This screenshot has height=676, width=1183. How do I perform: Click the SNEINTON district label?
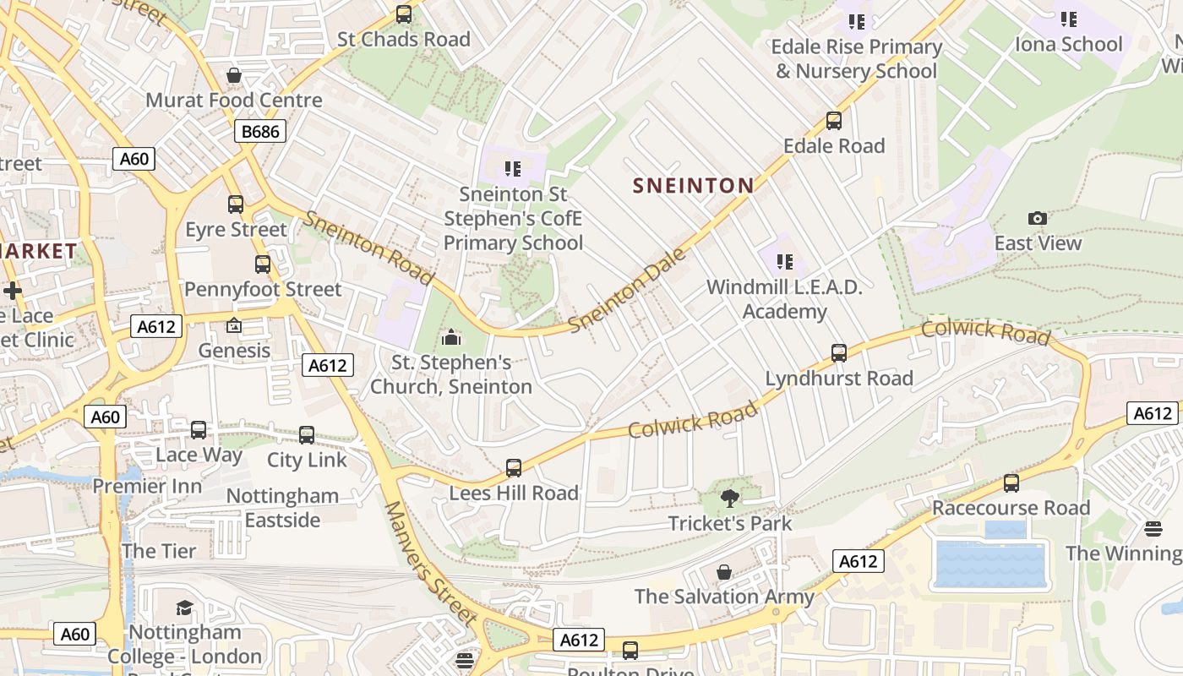pos(693,186)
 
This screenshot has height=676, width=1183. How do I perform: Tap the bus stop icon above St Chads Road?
pos(404,14)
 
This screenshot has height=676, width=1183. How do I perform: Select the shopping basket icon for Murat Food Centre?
pos(234,76)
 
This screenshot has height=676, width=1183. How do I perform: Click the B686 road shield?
pos(260,131)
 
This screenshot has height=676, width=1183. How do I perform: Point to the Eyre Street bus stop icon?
pos(236,204)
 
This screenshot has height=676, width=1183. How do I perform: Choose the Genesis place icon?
pos(234,326)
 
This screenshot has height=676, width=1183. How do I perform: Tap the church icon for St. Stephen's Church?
pos(452,338)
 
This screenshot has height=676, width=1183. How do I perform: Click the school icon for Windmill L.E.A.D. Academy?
pos(784,262)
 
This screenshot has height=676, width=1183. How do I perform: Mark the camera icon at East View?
pos(1038,219)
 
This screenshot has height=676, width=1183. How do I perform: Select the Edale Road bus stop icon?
pos(834,121)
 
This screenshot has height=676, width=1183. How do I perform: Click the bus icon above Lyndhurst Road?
pos(839,353)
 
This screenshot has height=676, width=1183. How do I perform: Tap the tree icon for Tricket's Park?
pos(730,499)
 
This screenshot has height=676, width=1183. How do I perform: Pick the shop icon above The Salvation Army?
pos(724,572)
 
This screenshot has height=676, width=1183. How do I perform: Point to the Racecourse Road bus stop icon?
pos(1011,483)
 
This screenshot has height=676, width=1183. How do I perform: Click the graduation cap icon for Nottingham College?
pos(184,608)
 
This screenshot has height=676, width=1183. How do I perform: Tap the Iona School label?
pos(1069,44)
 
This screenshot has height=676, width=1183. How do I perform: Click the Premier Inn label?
pos(148,486)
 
